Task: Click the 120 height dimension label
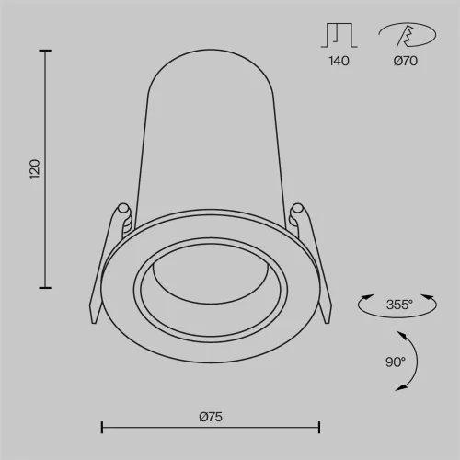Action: tap(35, 168)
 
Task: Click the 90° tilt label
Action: tap(395, 362)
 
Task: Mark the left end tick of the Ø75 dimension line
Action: tap(101, 426)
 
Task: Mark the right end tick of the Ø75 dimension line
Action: tap(319, 426)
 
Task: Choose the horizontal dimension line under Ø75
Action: tap(210, 426)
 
